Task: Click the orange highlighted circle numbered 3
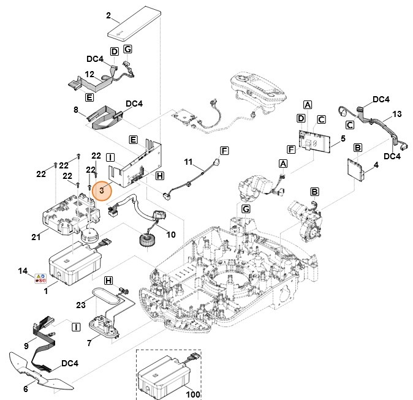pos(102,191)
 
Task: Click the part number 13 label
pos(397,115)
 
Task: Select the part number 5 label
pos(334,139)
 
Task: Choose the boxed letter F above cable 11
pos(224,150)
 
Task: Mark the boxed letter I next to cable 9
pos(76,328)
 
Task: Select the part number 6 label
pos(26,388)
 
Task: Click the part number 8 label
pos(75,110)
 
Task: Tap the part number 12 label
pos(89,74)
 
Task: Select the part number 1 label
pos(47,292)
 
